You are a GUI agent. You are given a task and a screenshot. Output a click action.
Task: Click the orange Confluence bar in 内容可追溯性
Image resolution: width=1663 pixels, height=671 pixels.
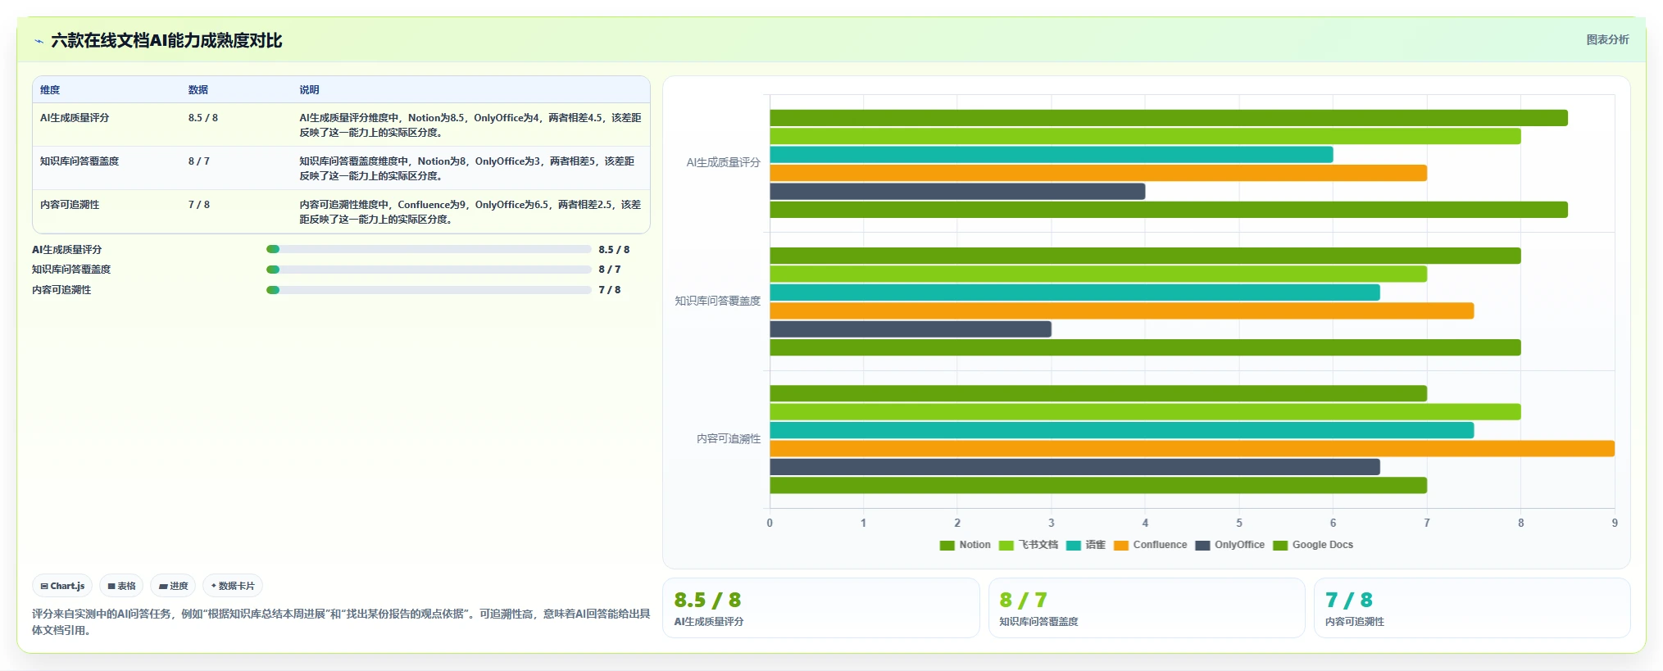(x=1192, y=448)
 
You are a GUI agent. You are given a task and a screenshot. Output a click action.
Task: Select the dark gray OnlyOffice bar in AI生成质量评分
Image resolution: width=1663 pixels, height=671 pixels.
(x=957, y=191)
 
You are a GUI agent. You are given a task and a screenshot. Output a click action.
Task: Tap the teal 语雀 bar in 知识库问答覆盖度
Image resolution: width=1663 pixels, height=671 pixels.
(x=1075, y=292)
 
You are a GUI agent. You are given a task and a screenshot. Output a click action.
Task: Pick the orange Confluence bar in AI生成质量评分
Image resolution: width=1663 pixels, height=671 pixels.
(x=1098, y=173)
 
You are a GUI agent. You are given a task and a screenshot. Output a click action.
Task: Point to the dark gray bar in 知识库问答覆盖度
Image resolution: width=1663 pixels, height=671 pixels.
(x=911, y=329)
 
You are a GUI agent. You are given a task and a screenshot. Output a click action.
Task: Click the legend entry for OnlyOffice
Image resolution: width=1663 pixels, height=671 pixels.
(x=1229, y=545)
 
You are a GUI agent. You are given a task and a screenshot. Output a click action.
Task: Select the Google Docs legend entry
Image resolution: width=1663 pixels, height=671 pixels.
(x=1313, y=545)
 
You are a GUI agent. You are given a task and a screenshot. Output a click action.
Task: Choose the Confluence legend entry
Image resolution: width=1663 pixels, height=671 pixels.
(x=1151, y=545)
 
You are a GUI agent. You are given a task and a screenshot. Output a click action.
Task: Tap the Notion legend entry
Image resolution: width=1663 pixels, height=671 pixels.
(x=966, y=545)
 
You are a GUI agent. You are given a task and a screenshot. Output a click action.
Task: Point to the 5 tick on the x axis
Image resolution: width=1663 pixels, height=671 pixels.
(x=1239, y=523)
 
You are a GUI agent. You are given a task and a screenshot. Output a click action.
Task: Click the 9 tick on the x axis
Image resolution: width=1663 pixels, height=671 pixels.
(x=1615, y=523)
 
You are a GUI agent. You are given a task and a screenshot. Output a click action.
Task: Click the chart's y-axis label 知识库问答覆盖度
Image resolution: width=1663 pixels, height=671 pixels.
(x=718, y=301)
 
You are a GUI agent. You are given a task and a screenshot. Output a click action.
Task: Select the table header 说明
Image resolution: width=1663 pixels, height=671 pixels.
(x=309, y=90)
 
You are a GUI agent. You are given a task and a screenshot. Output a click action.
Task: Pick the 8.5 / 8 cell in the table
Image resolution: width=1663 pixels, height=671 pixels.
(x=203, y=118)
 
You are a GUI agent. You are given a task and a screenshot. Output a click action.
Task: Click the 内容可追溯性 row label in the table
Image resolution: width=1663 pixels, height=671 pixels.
(x=70, y=205)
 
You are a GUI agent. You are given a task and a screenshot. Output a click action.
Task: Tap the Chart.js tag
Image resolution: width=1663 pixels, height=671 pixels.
(x=62, y=586)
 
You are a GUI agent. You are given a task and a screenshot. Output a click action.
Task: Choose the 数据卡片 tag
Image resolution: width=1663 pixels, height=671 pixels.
(x=233, y=586)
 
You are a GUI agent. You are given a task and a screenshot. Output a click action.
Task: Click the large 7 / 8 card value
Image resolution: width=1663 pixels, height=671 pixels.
(x=1349, y=601)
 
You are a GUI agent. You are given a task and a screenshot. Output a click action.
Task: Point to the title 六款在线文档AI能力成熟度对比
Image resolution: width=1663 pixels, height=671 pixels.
(x=166, y=40)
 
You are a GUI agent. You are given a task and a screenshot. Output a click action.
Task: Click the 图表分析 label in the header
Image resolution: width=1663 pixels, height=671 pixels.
(x=1607, y=39)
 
